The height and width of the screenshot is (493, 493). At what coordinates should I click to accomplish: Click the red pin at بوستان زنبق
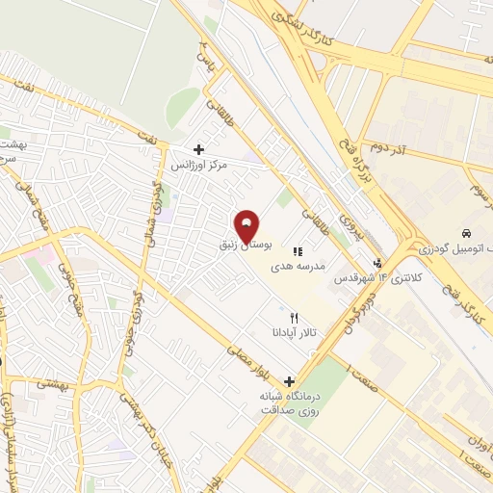pos(247,226)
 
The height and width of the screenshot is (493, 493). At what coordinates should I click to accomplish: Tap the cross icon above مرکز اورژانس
pos(199,149)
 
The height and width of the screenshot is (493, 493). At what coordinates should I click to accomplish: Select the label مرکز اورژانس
pos(199,166)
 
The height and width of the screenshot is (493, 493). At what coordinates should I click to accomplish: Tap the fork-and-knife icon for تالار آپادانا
pos(295,317)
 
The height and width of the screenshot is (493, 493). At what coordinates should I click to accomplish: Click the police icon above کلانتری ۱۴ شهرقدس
pos(378,262)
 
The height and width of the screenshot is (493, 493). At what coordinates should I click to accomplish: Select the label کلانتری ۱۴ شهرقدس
pos(366,276)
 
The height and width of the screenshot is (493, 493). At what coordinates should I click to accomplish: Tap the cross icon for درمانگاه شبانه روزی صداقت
pos(290,380)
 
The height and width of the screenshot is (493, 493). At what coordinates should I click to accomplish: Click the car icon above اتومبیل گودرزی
pos(467,234)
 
